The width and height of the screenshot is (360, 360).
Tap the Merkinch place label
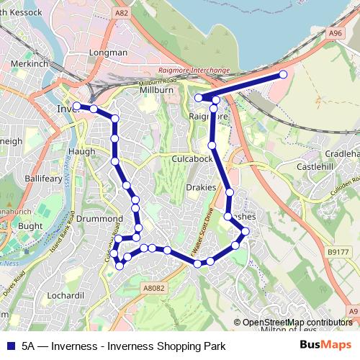pos(29,63)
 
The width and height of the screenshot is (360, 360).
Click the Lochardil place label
pos(65,295)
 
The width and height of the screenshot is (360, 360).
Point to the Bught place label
pos(30,226)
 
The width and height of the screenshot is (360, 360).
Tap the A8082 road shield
pos(153,288)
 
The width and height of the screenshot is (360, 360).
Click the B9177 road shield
pos(337,252)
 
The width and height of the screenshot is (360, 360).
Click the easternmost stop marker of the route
pos(282,74)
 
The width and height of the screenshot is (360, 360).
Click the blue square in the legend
pos(12,346)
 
